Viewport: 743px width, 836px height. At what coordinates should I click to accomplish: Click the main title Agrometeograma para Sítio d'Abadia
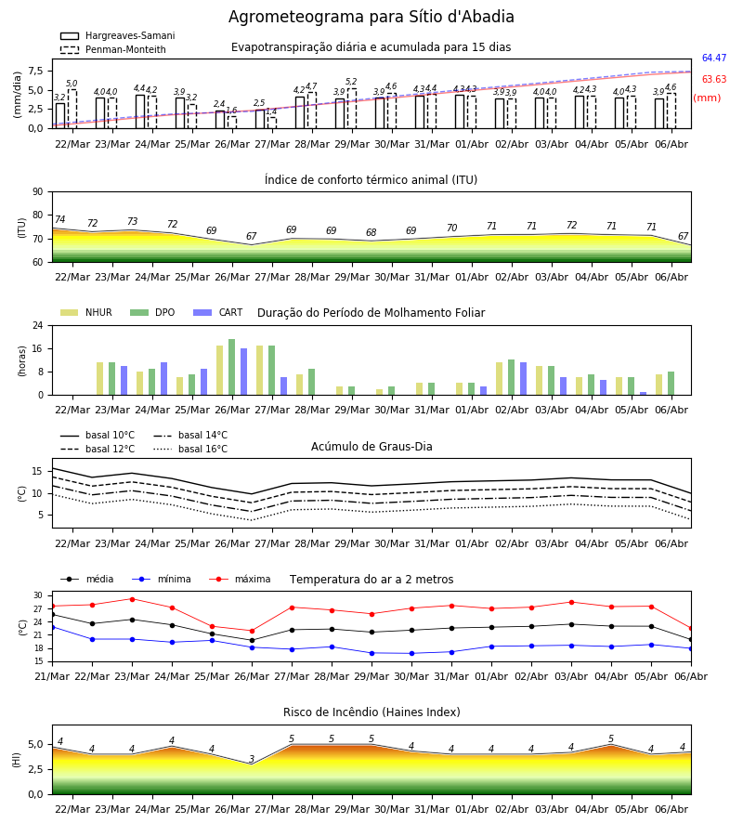point(371,17)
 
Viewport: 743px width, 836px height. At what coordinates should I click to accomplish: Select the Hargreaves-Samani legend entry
point(118,35)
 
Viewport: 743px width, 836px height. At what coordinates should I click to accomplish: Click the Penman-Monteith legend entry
point(113,49)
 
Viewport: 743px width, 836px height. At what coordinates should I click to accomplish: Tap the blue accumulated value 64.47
point(714,58)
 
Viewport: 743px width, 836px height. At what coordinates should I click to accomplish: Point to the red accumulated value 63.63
point(714,79)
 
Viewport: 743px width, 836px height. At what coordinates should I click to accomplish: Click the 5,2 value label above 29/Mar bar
point(351,82)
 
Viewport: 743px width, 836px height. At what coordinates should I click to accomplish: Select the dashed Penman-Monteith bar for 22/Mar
point(72,109)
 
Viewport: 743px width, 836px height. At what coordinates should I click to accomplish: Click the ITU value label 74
point(59,219)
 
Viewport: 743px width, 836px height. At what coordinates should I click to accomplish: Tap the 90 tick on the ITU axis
point(38,192)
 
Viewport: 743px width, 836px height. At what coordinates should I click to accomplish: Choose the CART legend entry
point(218,312)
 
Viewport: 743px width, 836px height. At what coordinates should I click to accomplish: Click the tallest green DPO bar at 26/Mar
point(232,367)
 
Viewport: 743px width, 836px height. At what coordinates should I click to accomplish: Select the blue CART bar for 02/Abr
point(524,379)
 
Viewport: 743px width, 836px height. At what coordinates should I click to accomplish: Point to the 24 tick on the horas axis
point(38,325)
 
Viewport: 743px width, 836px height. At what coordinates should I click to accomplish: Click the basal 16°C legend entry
point(190,449)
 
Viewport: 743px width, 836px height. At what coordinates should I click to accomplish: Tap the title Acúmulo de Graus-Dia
point(371,447)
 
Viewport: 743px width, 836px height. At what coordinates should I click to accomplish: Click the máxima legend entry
point(241,579)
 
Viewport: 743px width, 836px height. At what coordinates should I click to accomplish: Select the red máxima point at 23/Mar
point(132,599)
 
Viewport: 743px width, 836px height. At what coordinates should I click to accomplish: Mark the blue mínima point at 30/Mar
point(411,654)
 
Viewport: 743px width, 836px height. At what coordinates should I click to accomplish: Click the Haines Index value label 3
point(252,759)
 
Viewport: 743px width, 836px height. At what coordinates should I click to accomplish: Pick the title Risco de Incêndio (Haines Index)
point(371,712)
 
